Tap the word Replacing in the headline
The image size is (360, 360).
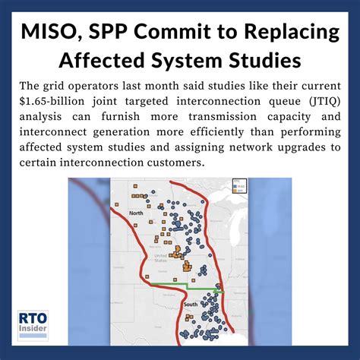pos(284,33)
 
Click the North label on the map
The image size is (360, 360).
pos(136,213)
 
